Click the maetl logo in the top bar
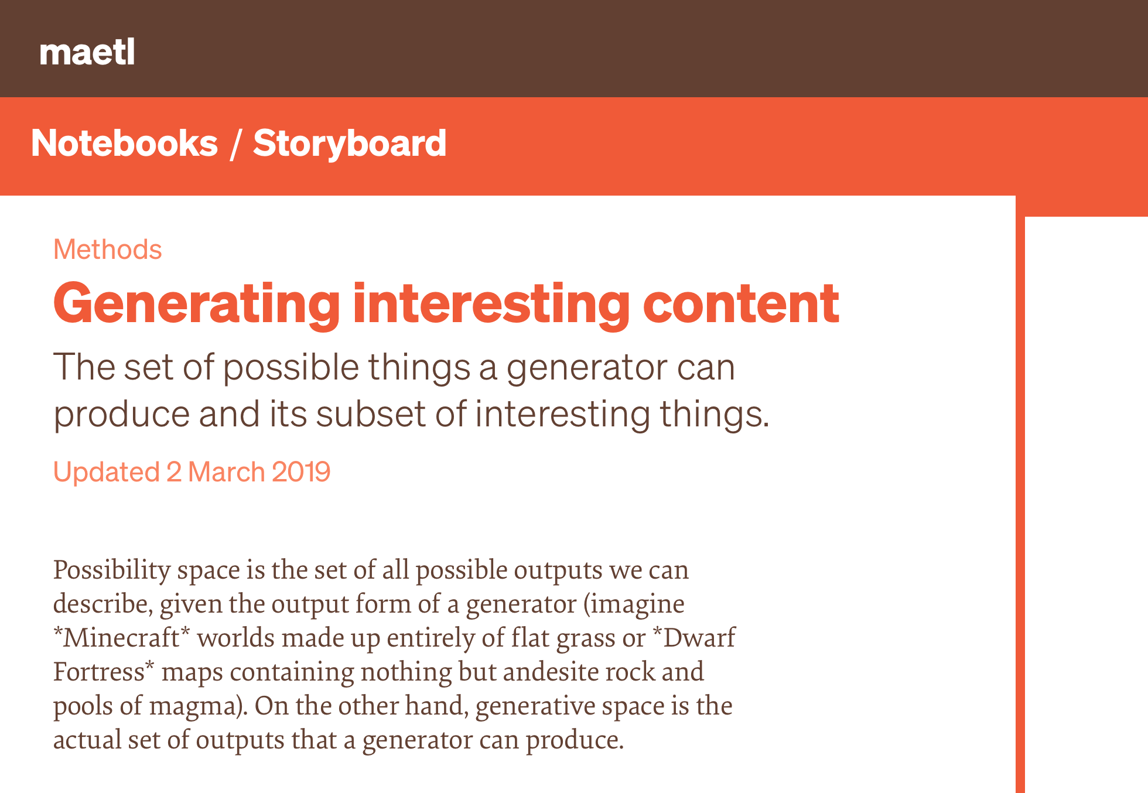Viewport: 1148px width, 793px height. (x=87, y=52)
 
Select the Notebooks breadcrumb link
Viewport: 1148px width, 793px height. (x=124, y=143)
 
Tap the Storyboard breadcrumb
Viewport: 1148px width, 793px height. (x=350, y=143)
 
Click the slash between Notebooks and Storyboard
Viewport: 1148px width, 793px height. (x=235, y=144)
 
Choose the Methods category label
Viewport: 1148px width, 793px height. (x=108, y=249)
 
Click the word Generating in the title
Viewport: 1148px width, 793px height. (x=197, y=305)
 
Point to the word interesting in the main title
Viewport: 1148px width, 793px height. (x=491, y=305)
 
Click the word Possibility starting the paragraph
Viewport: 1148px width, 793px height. (x=112, y=570)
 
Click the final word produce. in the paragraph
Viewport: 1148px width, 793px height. (x=575, y=740)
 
